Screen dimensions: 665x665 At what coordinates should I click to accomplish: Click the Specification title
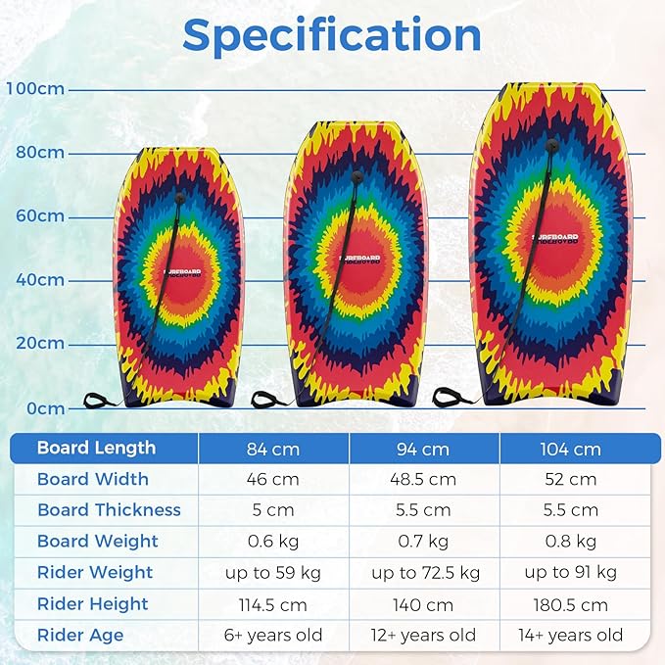(x=332, y=35)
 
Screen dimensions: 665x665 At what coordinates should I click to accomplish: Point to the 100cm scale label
(x=35, y=89)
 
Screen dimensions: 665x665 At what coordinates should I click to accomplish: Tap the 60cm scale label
(x=40, y=215)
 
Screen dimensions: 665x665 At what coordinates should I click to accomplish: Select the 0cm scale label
(x=44, y=407)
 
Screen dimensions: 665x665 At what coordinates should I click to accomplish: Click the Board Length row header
(x=96, y=448)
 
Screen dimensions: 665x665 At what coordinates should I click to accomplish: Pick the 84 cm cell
(x=273, y=449)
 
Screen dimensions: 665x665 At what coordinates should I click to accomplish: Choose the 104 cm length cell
(x=571, y=449)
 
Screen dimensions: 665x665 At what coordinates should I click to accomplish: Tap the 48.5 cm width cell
(x=422, y=479)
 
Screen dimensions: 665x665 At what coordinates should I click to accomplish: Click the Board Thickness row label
(x=109, y=510)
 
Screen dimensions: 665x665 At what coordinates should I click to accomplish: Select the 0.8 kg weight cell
(x=571, y=542)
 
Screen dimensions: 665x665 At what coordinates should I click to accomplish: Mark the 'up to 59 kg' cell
(x=273, y=572)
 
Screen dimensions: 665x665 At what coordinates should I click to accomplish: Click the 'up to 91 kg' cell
(x=571, y=572)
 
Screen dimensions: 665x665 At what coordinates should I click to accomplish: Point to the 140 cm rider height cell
(x=422, y=604)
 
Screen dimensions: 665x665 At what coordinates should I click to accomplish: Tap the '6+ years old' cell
(x=273, y=635)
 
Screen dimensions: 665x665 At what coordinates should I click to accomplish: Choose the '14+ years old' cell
(x=571, y=635)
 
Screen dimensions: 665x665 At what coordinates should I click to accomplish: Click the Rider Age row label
(x=80, y=635)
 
